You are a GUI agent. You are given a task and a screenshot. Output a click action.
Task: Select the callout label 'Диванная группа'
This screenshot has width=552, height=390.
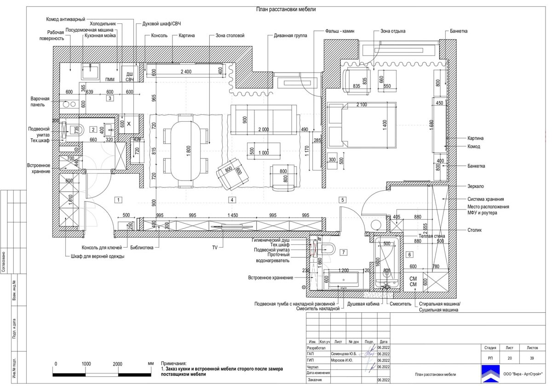(290, 35)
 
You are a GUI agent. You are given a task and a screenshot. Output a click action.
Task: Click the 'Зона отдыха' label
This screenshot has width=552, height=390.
(393, 31)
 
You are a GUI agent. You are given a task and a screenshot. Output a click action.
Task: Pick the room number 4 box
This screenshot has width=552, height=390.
(232, 200)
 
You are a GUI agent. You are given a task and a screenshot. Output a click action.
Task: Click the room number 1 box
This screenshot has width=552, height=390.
(118, 200)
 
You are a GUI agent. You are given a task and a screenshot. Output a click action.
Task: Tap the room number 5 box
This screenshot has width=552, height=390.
(342, 200)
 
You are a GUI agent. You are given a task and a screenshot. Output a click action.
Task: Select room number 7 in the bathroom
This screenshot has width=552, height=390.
(343, 252)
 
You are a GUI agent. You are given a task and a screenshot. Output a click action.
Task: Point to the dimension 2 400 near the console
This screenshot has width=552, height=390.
(186, 71)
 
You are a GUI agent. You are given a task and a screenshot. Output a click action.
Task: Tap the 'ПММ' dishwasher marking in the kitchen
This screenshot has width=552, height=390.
(109, 80)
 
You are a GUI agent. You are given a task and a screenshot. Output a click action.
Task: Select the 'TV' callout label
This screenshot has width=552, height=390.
(214, 247)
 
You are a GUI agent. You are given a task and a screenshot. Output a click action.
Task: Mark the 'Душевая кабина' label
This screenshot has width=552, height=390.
(362, 304)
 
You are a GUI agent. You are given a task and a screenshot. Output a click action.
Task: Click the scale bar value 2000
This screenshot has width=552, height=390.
(117, 363)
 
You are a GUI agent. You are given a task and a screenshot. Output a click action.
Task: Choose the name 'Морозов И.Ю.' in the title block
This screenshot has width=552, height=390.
(342, 361)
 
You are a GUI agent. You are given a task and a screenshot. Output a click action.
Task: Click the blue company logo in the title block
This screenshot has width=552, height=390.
(491, 374)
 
